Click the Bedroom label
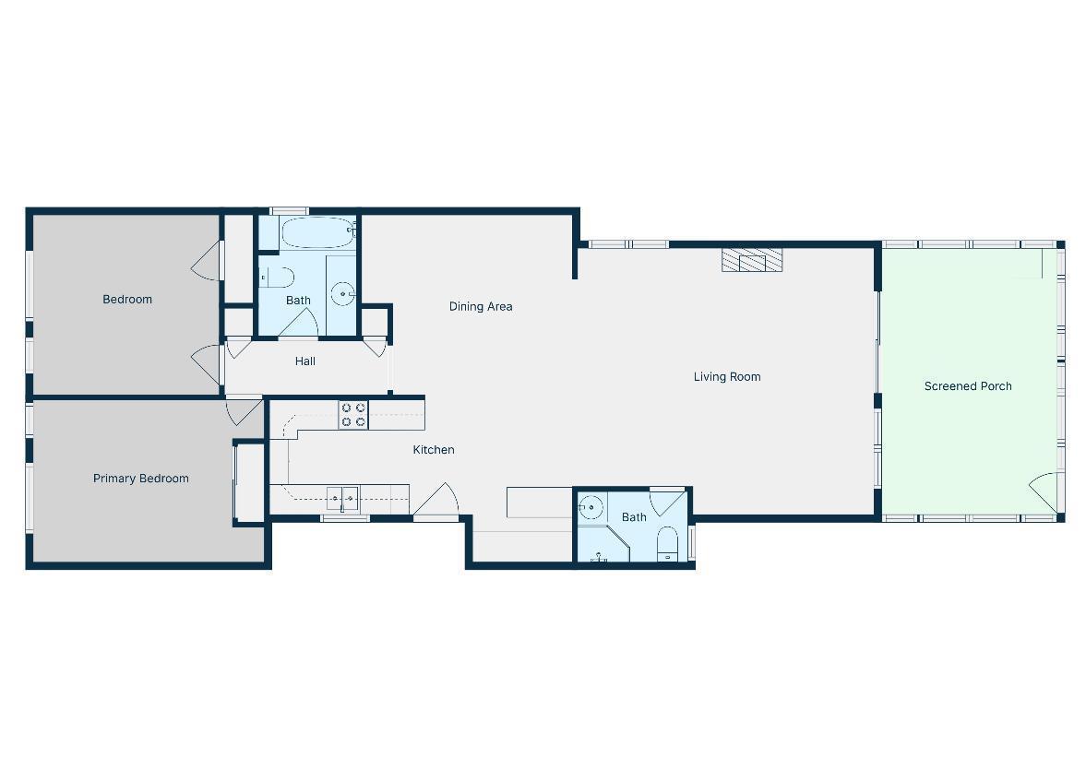tap(127, 299)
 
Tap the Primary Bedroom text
tap(140, 479)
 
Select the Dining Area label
tap(481, 306)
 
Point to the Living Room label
tap(727, 376)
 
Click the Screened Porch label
tap(968, 386)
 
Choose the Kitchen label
tap(434, 450)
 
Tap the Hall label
tap(305, 361)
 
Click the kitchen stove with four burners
tap(353, 415)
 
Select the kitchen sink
tap(342, 498)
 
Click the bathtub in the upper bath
tap(318, 232)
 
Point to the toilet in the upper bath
tap(277, 278)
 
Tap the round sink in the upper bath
tap(343, 294)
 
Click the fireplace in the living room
tap(752, 260)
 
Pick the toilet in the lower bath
tap(668, 543)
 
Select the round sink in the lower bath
tap(591, 507)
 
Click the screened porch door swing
tap(1044, 492)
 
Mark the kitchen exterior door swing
tap(436, 499)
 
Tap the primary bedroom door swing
tap(244, 410)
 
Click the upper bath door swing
tap(299, 324)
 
